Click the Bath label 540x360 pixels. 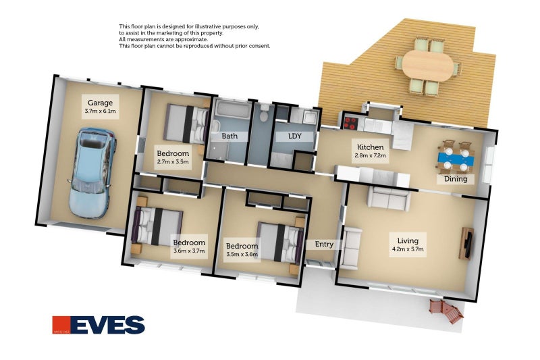click(230, 136)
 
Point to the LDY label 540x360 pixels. click(294, 136)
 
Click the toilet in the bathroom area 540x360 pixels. click(265, 112)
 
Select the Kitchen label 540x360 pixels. click(370, 147)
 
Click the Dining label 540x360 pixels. click(455, 179)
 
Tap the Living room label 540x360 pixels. click(407, 240)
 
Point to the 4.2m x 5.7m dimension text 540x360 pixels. click(407, 250)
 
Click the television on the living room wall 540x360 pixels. click(466, 243)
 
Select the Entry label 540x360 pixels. click(319, 244)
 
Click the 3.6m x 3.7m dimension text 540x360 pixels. click(188, 251)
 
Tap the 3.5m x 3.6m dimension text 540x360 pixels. click(242, 255)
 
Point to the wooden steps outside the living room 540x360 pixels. click(447, 311)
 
